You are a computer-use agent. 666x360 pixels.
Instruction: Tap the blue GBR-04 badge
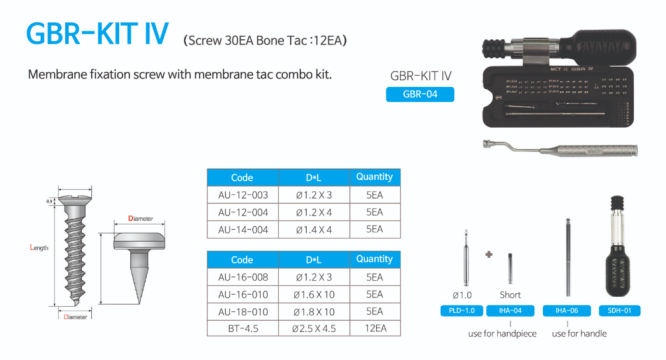[x=419, y=95]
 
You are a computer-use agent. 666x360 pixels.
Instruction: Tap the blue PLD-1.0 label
[x=463, y=312]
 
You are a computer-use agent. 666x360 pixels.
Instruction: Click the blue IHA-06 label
[x=568, y=312]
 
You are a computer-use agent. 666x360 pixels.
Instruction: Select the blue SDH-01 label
[x=618, y=312]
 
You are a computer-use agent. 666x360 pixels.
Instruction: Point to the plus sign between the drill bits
[x=489, y=254]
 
